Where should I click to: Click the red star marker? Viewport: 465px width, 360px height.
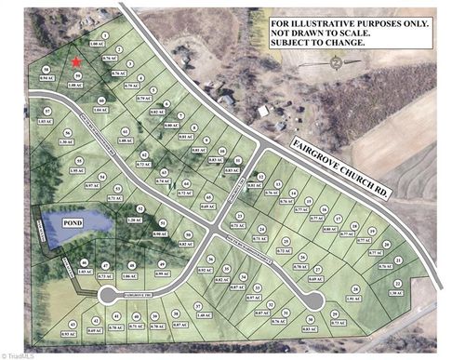(x=76, y=61)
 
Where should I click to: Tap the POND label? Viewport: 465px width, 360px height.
(x=73, y=224)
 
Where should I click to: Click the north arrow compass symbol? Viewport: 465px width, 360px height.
(x=335, y=63)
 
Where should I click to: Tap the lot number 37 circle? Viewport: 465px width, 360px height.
(x=197, y=306)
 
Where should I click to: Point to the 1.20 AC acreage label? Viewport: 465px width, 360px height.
(x=134, y=220)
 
